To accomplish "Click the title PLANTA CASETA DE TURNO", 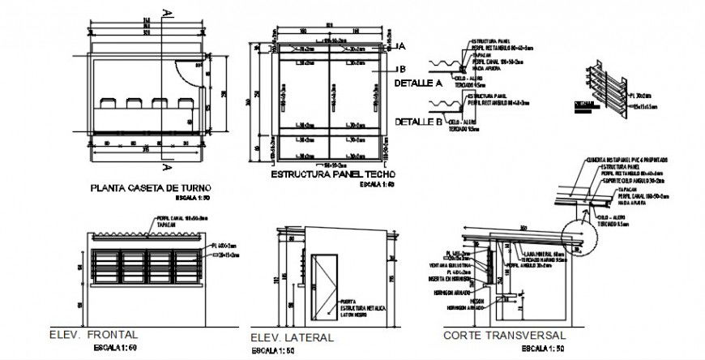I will coord(150,187).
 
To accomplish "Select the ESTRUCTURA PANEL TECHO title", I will coord(332,174).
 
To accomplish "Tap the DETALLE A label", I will coord(417,83).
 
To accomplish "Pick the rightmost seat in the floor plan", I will coord(183,103).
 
